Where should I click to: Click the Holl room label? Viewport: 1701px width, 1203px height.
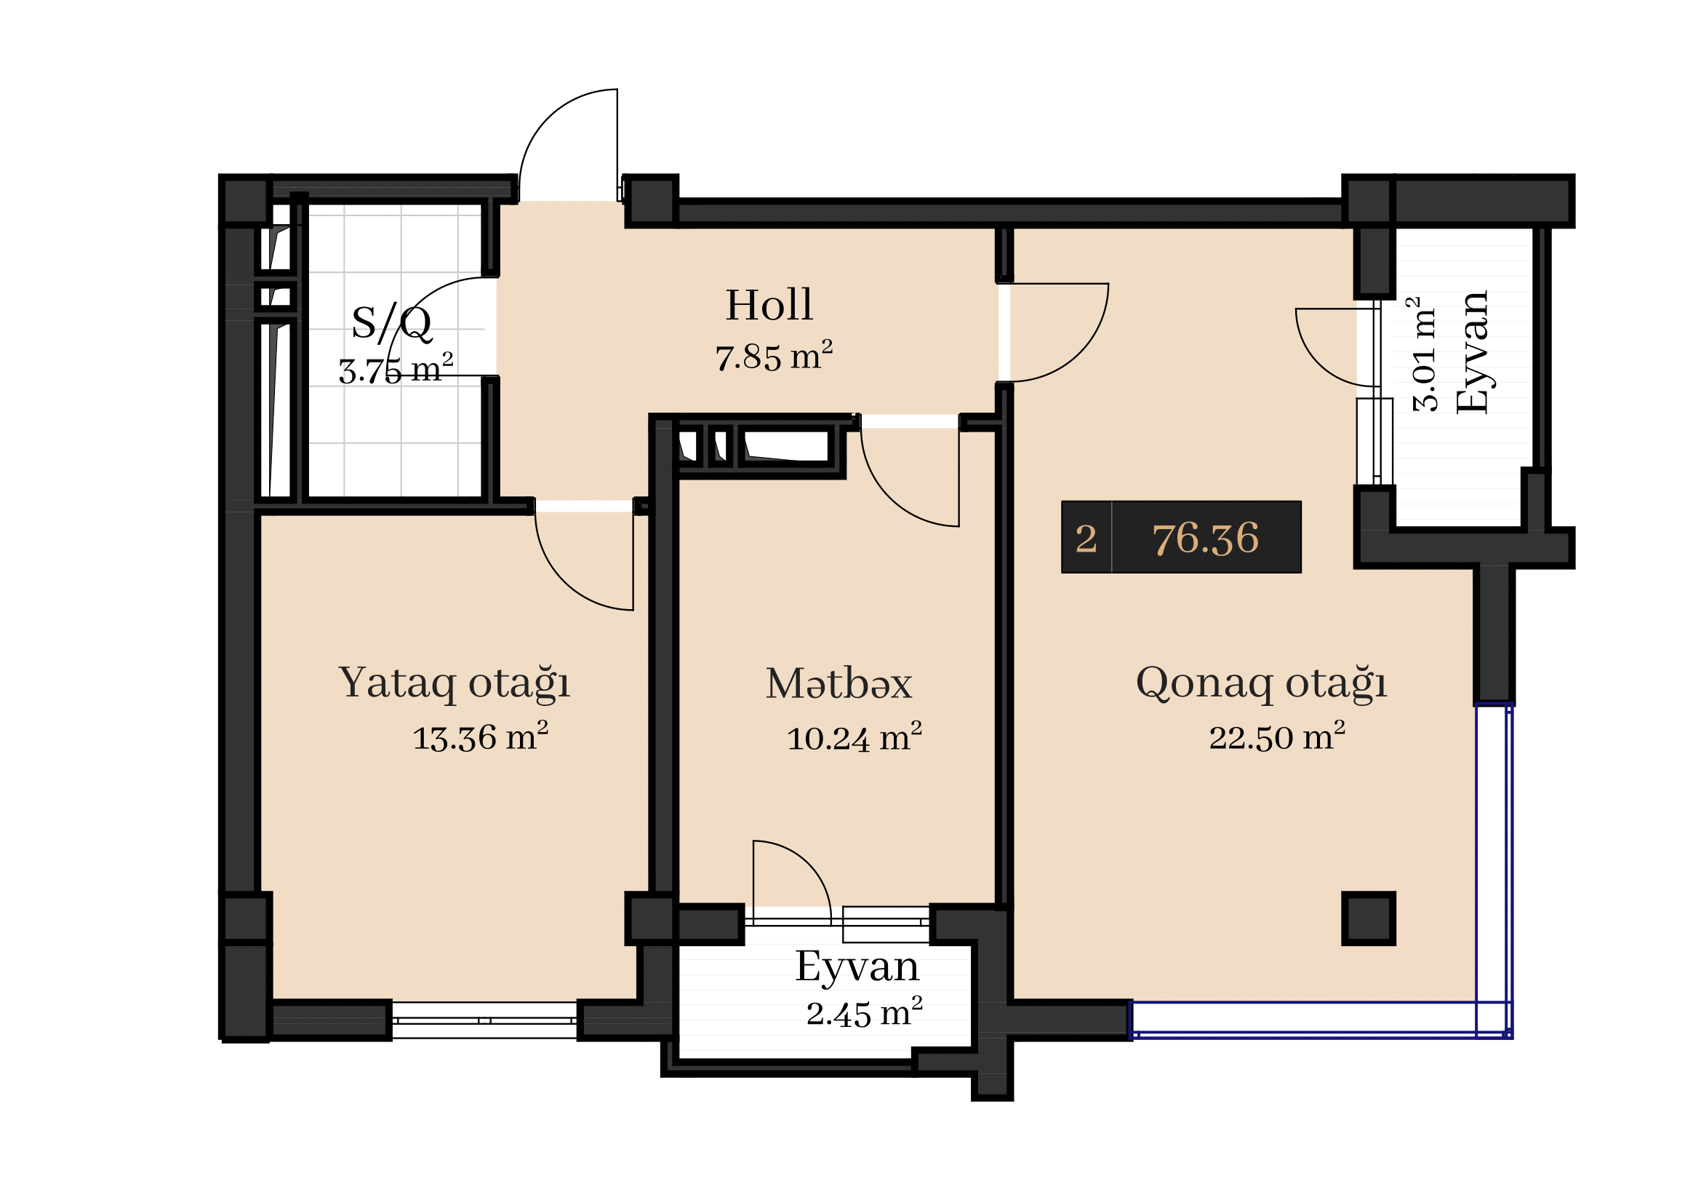tap(769, 305)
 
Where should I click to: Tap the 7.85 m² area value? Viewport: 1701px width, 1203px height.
tap(774, 356)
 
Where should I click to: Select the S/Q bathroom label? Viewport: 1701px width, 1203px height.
tap(391, 323)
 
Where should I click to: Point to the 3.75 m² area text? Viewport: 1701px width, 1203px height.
tap(396, 368)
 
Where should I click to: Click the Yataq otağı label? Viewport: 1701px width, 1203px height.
tap(454, 683)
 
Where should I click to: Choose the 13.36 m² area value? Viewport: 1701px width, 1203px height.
tap(480, 737)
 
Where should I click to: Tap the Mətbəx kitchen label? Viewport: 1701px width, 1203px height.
tap(839, 683)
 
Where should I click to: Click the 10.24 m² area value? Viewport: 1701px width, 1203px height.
tap(854, 737)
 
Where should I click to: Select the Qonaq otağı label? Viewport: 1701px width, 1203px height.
tap(1261, 683)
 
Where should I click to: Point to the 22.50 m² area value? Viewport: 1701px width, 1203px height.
tap(1277, 737)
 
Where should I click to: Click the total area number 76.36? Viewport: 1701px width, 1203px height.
tap(1205, 538)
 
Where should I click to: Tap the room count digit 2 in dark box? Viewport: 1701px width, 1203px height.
tap(1086, 539)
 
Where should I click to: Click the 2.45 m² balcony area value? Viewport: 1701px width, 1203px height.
tap(865, 1013)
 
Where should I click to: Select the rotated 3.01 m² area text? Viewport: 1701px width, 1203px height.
tap(1425, 354)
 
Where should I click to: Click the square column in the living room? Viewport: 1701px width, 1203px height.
tap(1369, 918)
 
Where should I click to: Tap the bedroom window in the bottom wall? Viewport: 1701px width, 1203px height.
tap(484, 1020)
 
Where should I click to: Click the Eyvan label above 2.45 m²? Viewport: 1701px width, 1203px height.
tap(857, 967)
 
